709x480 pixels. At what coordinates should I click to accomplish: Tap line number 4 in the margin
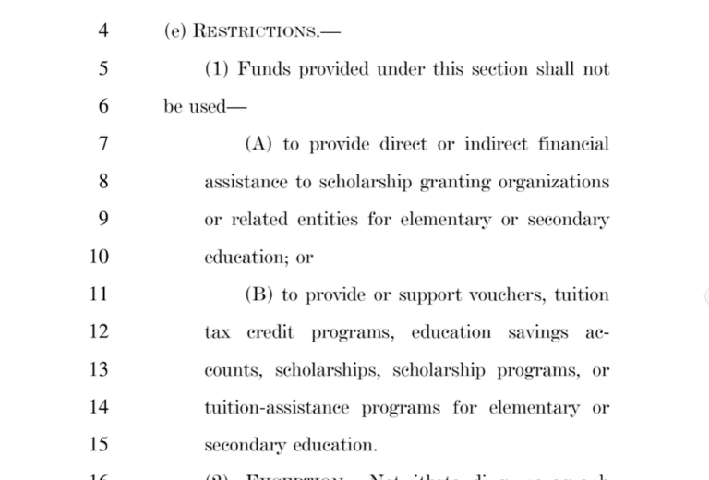tap(102, 31)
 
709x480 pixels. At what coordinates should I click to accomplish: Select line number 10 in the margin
tap(99, 257)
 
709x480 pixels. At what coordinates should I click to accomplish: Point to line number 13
tap(99, 369)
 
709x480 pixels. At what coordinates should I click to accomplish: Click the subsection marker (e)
tap(174, 31)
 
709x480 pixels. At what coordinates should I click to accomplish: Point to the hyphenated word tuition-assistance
tap(277, 407)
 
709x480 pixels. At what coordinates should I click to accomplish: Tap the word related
tap(258, 220)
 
